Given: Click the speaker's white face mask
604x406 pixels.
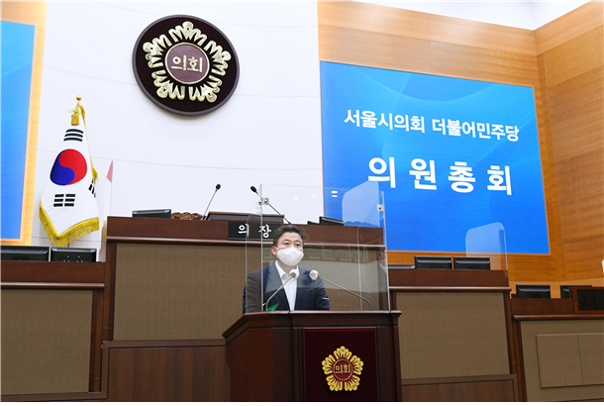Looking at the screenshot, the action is (290, 255).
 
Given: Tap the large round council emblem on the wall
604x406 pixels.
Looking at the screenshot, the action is (186, 64).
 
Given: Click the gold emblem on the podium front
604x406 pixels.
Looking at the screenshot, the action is (342, 368).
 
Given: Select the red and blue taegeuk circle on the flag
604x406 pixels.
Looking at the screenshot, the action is (68, 166).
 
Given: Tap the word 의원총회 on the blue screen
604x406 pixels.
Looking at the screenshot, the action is (441, 176).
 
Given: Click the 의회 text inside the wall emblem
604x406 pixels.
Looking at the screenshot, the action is (186, 63).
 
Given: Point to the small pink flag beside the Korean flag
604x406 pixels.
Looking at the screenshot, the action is (109, 171).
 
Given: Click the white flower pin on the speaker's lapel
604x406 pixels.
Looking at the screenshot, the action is (314, 275).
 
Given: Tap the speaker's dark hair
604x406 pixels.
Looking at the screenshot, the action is (287, 234).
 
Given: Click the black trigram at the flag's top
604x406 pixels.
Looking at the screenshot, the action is (73, 136).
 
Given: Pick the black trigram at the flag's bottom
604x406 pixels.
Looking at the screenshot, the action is (64, 200).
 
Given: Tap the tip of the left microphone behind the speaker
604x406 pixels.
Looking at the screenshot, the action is (218, 187).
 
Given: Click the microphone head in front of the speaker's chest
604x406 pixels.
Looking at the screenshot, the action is (293, 274).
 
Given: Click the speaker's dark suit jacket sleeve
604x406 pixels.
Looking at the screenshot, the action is (252, 293).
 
